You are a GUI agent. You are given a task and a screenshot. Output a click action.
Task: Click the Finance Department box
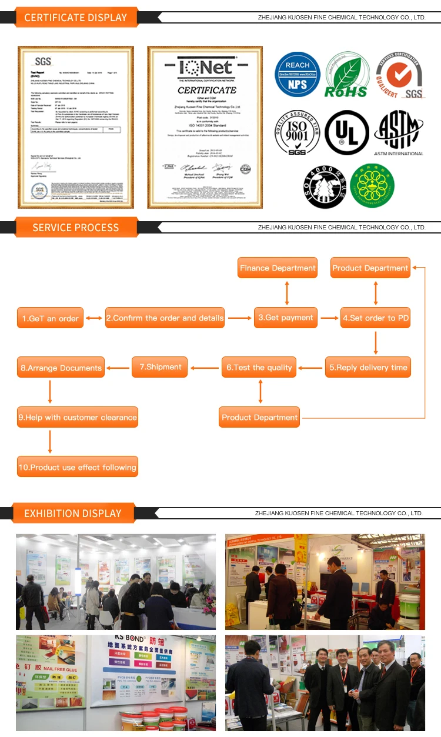(x=278, y=268)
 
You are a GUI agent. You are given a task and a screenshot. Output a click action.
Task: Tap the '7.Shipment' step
(x=160, y=367)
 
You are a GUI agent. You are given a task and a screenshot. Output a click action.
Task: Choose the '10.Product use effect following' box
(x=78, y=468)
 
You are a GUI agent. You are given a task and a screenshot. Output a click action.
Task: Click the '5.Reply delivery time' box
(x=368, y=368)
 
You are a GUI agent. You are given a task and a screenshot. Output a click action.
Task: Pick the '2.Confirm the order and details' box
(x=165, y=318)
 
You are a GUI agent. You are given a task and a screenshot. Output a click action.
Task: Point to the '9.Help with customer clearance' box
(x=78, y=418)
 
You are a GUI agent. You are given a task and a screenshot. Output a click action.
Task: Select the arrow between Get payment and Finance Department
(x=286, y=293)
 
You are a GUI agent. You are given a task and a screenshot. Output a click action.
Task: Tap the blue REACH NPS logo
(x=298, y=74)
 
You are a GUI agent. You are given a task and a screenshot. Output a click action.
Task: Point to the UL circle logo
(x=348, y=132)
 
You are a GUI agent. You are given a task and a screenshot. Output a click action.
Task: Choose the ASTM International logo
(x=399, y=133)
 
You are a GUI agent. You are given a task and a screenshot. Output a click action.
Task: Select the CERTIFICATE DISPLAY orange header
(x=75, y=18)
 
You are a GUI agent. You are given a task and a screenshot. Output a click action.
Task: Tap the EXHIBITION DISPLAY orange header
(x=72, y=513)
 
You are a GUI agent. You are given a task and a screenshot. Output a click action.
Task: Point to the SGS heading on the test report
(x=43, y=61)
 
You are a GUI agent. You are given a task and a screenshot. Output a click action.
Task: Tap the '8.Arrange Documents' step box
(x=61, y=368)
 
